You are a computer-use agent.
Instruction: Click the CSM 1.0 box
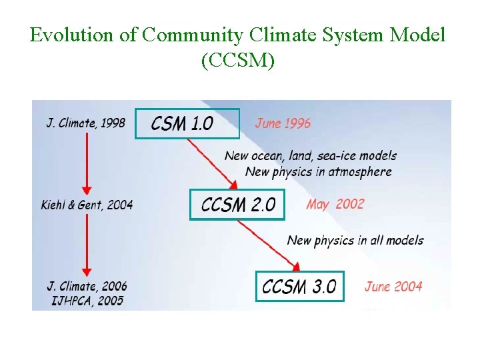click(x=187, y=123)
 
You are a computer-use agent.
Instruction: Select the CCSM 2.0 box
click(x=237, y=204)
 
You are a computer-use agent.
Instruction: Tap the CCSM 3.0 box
click(x=299, y=286)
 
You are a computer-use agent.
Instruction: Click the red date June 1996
click(x=283, y=123)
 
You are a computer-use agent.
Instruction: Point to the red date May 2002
click(x=335, y=204)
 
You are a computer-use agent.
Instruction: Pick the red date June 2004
click(x=393, y=287)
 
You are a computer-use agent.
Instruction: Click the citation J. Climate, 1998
click(x=85, y=123)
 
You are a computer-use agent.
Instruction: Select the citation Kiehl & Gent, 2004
click(x=87, y=205)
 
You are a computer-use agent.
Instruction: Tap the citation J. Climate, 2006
click(x=87, y=287)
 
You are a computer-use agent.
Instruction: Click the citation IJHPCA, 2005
click(x=87, y=301)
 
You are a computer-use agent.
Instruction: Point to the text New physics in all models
click(x=355, y=240)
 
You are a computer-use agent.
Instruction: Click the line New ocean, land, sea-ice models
click(x=310, y=156)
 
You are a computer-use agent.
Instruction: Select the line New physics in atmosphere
click(x=318, y=171)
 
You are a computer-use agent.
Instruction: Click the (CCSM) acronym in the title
click(x=237, y=61)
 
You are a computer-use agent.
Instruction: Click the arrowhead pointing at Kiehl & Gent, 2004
click(x=86, y=189)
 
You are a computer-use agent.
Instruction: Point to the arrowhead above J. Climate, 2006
click(x=86, y=271)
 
